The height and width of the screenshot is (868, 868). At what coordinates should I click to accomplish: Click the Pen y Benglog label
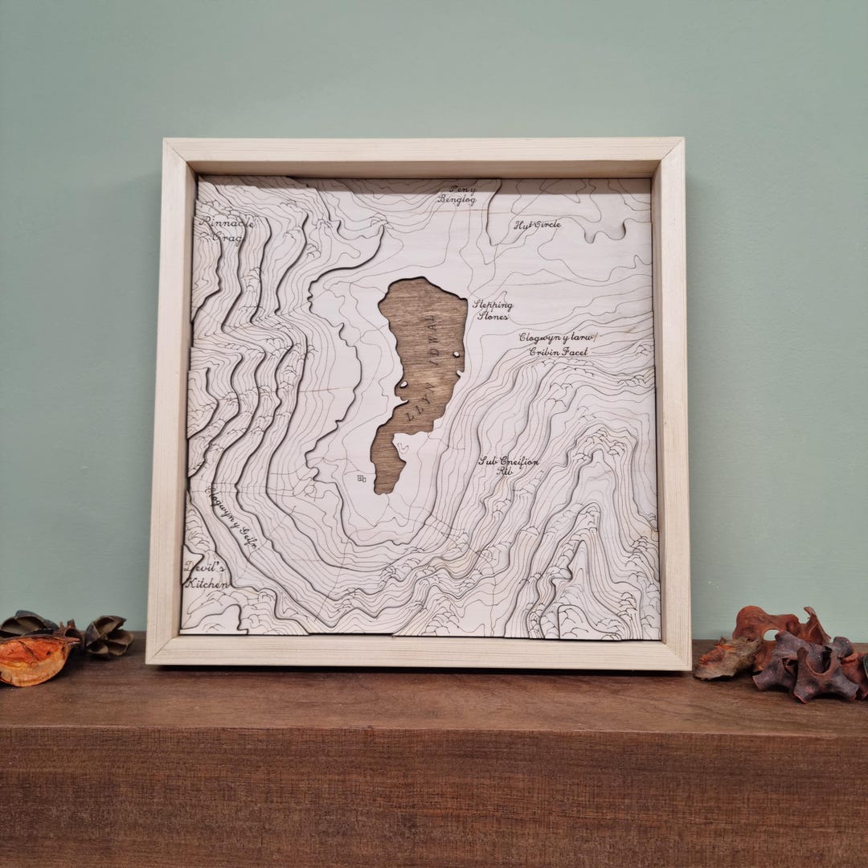click(x=457, y=194)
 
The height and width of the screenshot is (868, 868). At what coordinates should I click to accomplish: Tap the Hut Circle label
click(x=537, y=225)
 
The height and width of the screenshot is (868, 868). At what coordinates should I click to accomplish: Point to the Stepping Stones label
click(x=492, y=310)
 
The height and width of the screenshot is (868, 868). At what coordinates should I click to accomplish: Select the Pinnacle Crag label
click(x=227, y=229)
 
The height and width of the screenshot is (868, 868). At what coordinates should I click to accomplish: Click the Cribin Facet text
click(x=558, y=351)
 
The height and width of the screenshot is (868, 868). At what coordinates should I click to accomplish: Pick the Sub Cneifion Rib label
click(x=508, y=466)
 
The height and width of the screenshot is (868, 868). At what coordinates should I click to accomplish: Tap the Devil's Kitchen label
click(x=207, y=574)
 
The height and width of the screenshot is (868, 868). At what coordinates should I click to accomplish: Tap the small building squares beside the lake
click(x=361, y=479)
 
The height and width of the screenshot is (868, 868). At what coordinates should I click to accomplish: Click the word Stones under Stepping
click(x=492, y=317)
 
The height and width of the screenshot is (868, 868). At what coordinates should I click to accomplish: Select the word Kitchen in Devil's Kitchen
click(x=207, y=583)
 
